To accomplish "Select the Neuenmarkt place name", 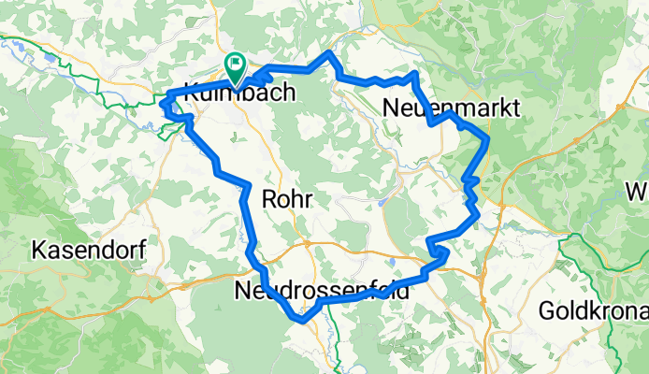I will (x=452, y=109).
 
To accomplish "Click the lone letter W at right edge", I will (x=637, y=194).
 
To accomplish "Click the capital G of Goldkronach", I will (x=547, y=309).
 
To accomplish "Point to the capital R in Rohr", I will (x=270, y=199).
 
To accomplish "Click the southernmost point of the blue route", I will (x=301, y=320).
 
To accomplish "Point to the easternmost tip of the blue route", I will (x=488, y=140).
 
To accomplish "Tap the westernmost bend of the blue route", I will (x=165, y=105).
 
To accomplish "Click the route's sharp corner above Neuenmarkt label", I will (x=414, y=73).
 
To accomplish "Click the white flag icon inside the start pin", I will (x=235, y=65).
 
